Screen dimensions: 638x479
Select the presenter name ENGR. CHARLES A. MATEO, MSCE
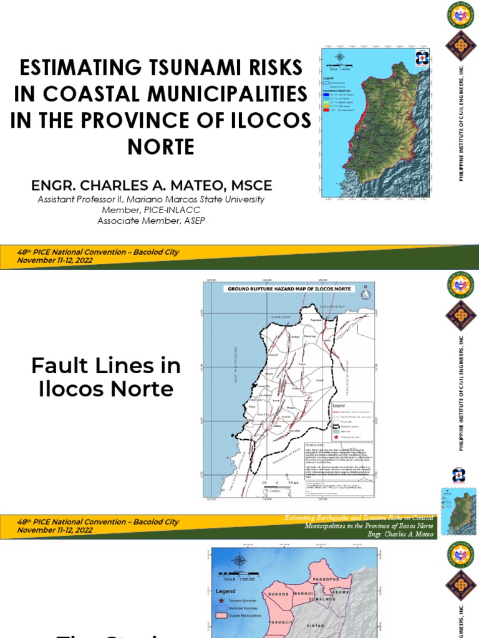pyautogui.click(x=152, y=186)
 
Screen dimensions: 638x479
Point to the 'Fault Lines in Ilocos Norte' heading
pyautogui.click(x=106, y=377)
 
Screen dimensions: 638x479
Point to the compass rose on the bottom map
pyautogui.click(x=239, y=561)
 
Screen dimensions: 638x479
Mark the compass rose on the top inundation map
pyautogui.click(x=339, y=57)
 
